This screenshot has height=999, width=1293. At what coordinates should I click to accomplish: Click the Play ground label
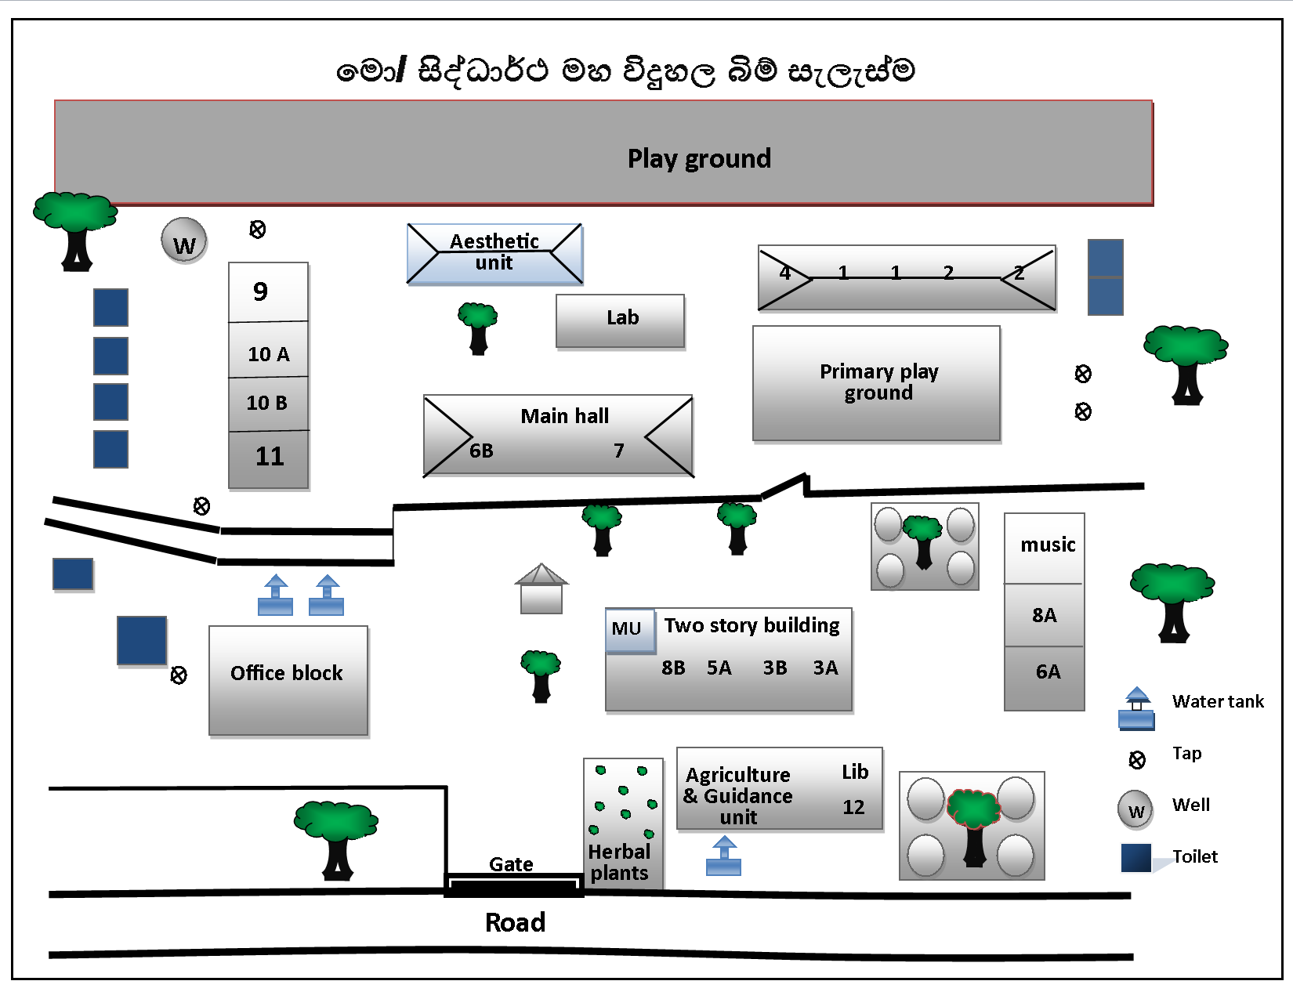point(699,158)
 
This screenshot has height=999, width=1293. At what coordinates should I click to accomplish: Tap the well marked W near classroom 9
point(184,241)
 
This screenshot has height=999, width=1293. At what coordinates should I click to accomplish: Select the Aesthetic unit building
point(494,253)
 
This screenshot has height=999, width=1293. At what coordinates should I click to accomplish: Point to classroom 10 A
point(268,353)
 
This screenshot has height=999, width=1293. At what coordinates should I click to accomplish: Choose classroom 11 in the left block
point(269,457)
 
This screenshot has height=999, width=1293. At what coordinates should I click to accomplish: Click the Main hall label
point(564,416)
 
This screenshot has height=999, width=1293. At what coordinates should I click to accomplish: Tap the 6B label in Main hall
point(481,451)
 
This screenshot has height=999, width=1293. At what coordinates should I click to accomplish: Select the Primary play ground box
point(877,383)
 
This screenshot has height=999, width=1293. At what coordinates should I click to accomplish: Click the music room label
point(1048,545)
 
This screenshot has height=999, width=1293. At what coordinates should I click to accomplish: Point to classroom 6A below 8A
point(1047,671)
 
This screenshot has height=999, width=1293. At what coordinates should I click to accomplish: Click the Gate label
point(511,864)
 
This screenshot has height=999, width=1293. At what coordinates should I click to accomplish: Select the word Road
point(515,922)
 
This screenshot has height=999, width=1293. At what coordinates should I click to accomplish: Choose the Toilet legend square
point(1135,857)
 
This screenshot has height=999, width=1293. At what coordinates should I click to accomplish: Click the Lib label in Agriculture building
point(855,772)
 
